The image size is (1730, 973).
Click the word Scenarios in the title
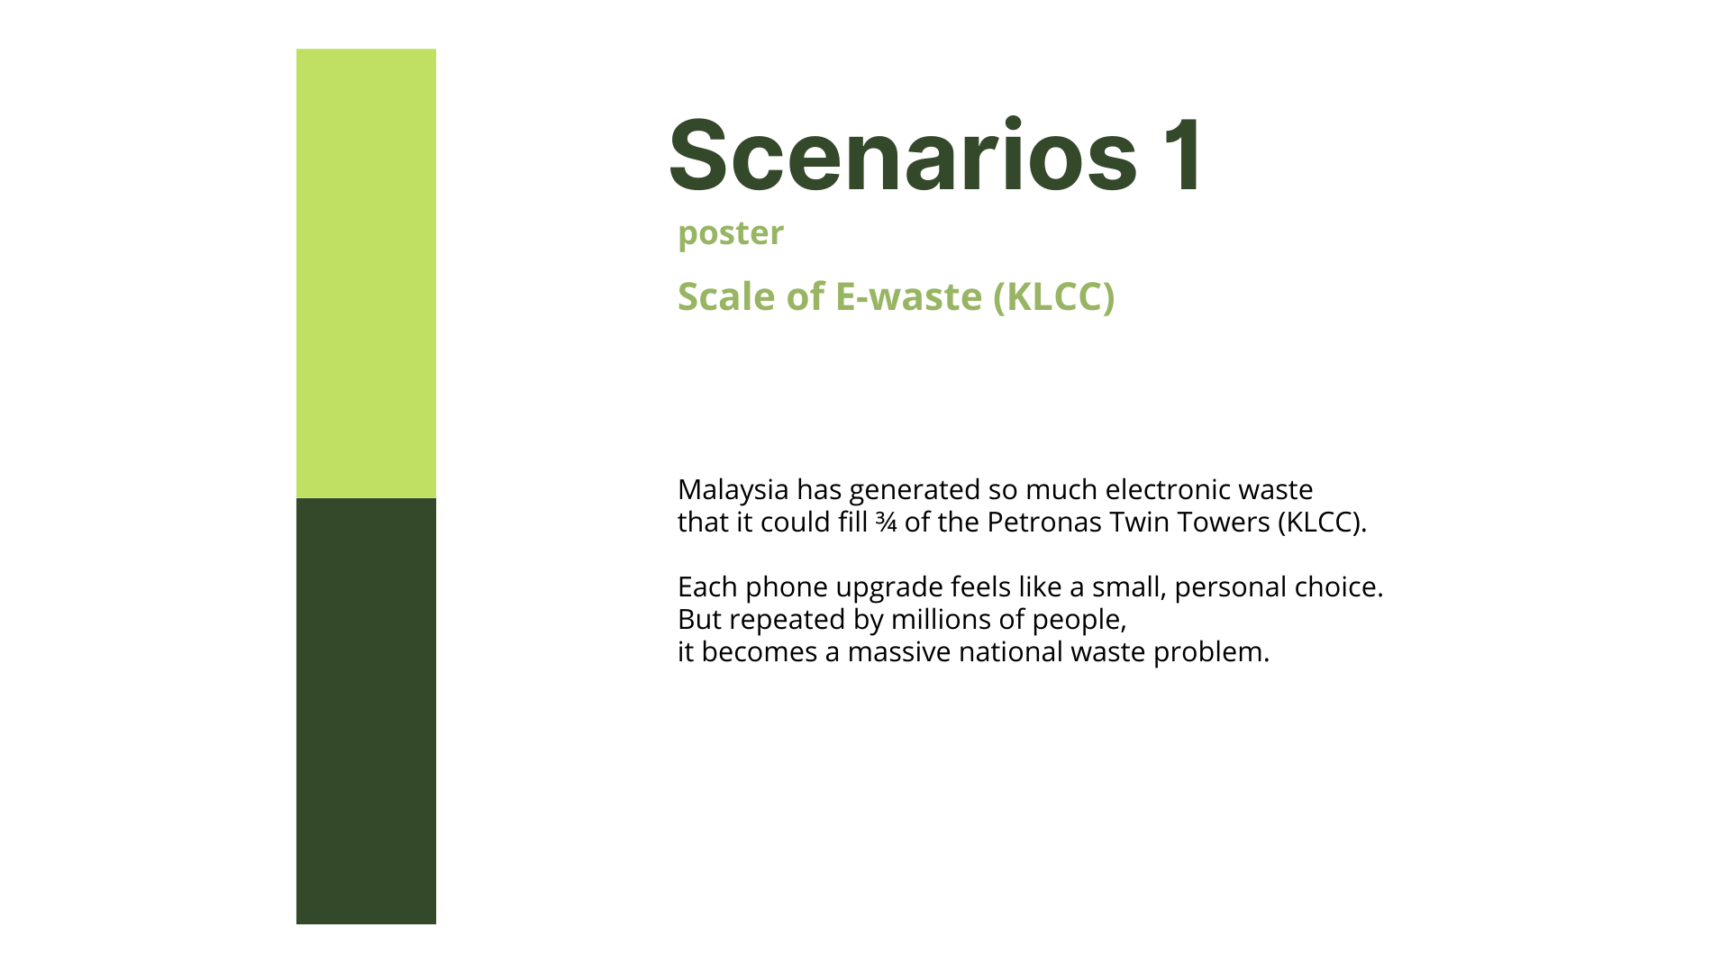[903, 155]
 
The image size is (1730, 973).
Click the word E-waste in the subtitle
[908, 296]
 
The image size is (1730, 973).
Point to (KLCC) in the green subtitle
[1054, 297]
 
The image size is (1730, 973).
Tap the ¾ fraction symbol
[886, 523]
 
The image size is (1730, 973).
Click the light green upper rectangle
[366, 273]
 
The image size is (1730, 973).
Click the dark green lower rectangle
[366, 711]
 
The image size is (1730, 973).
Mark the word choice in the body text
[1339, 587]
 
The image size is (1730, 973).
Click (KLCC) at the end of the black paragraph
[1322, 523]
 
